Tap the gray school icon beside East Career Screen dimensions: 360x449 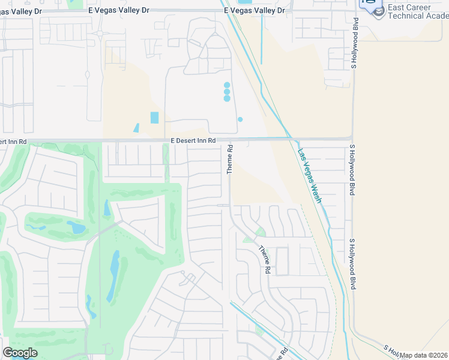pos(378,12)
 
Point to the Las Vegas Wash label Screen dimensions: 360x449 pos(310,175)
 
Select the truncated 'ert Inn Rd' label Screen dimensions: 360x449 pos(13,142)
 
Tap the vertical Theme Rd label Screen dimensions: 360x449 pos(229,159)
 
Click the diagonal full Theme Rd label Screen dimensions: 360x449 pos(264,260)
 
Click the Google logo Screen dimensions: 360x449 pos(20,353)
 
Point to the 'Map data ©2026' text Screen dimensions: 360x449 pos(424,355)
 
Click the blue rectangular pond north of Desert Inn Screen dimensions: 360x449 pos(154,118)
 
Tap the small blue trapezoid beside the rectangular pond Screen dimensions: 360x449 pos(136,128)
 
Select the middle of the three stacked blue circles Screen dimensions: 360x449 pos(227,92)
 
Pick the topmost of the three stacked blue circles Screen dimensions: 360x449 pos(227,85)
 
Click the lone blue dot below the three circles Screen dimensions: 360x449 pos(240,119)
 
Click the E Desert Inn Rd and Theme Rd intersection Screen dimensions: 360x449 pos(229,139)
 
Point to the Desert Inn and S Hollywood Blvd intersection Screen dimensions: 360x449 pos(353,139)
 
